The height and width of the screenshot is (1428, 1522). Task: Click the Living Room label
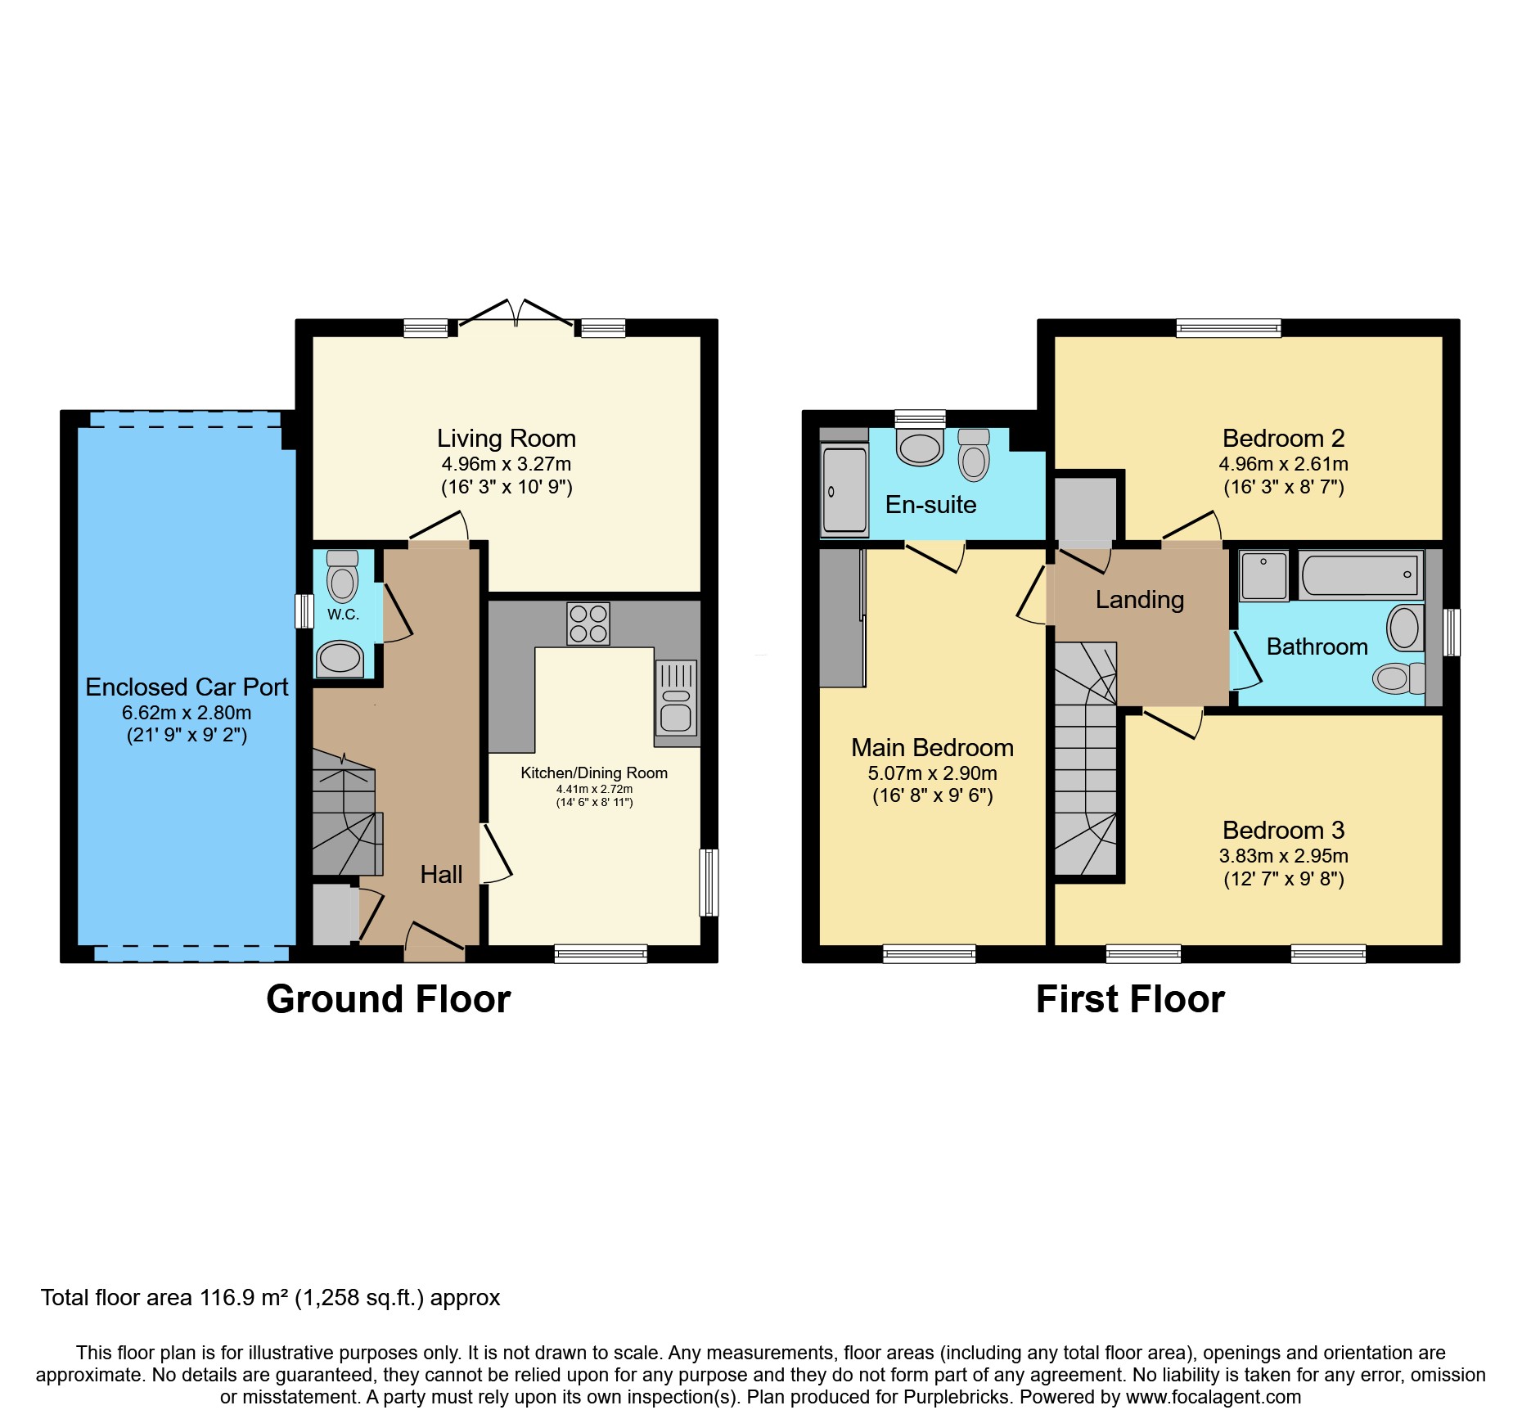click(506, 439)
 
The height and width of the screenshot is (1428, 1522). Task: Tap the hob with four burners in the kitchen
click(588, 624)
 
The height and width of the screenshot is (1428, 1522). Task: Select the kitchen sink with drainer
click(675, 698)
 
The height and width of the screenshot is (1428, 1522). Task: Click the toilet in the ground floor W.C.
click(342, 578)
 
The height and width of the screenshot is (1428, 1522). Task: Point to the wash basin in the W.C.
click(340, 659)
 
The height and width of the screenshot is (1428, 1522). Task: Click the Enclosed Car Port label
click(187, 687)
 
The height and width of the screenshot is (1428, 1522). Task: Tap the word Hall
click(441, 874)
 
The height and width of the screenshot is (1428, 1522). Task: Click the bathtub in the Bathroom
click(1359, 574)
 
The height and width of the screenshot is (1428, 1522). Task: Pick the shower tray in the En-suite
click(844, 491)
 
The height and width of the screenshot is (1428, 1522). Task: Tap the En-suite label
click(930, 504)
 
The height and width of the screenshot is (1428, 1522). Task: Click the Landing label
click(1139, 600)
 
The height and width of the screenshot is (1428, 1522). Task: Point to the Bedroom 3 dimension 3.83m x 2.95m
click(1283, 856)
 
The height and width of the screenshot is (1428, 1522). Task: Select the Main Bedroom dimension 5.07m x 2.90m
click(932, 773)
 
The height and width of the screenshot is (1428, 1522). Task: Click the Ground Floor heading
click(388, 999)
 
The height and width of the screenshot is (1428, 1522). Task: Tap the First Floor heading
click(1129, 999)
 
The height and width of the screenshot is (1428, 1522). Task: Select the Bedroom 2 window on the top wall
click(1227, 328)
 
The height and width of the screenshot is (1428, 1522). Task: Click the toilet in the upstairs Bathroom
click(1398, 678)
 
